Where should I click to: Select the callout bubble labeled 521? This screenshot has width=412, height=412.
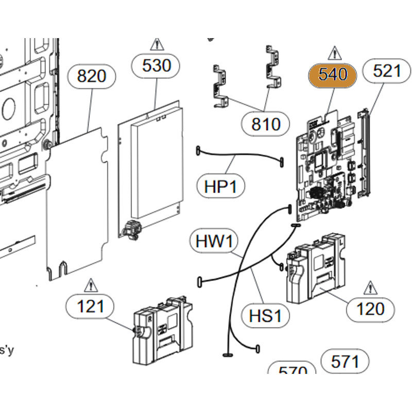(386, 71)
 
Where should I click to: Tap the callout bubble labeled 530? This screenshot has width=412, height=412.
(156, 65)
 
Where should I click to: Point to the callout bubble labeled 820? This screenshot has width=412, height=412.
(91, 76)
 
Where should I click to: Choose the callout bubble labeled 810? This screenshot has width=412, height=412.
(266, 124)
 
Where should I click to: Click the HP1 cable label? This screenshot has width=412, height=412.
(221, 186)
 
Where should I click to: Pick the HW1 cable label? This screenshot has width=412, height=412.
(214, 241)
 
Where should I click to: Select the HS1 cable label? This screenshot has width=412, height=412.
(265, 315)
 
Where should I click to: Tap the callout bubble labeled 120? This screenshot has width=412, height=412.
(370, 309)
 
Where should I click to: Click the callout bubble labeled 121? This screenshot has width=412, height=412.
(90, 307)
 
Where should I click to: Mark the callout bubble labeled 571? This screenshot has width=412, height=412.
(345, 362)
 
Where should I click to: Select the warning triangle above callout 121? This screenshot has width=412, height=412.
(91, 284)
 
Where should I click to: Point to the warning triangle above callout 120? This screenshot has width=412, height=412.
(370, 287)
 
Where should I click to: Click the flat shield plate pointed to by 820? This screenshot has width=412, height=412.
(77, 206)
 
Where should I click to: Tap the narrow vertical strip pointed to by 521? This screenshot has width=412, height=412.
(366, 154)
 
